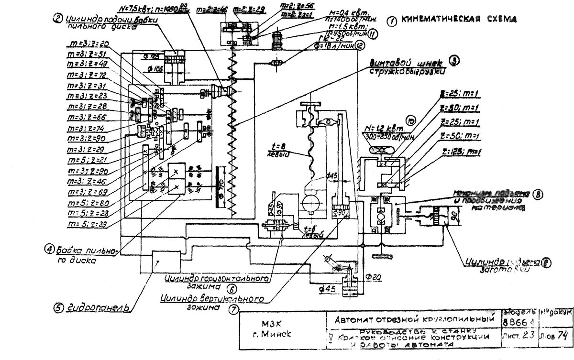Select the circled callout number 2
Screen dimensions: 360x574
(57, 19)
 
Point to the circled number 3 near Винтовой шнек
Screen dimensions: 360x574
(453, 61)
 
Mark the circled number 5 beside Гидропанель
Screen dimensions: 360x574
(59, 308)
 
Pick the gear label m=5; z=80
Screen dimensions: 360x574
(88, 202)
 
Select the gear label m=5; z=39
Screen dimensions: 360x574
(88, 224)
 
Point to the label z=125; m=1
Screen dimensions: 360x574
(462, 152)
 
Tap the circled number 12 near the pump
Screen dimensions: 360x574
(360, 46)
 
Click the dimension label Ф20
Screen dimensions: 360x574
(371, 276)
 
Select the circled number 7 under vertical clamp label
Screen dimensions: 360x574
(233, 309)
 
